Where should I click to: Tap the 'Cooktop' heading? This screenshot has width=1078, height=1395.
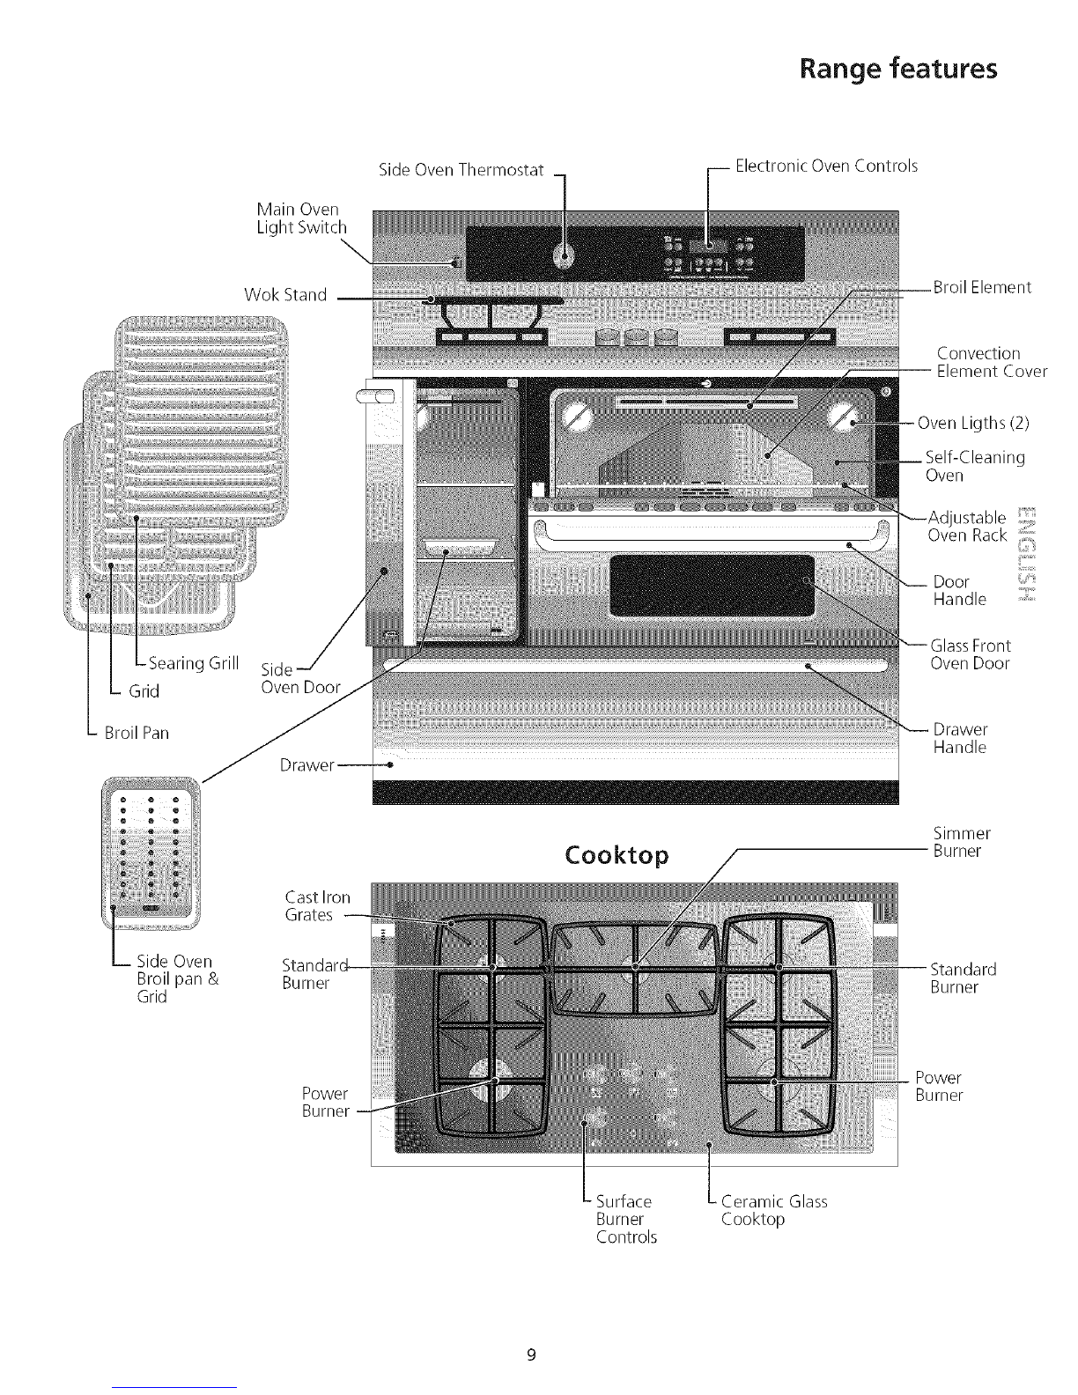tap(617, 856)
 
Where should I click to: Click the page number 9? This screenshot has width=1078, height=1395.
tap(532, 1355)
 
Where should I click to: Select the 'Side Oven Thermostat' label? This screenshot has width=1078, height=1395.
tap(461, 169)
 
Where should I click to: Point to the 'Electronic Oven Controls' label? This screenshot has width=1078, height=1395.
tap(826, 166)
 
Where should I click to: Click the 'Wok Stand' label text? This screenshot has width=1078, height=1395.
tap(285, 295)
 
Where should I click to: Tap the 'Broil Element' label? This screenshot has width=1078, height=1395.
tap(982, 287)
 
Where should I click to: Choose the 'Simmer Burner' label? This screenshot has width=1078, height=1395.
tap(961, 842)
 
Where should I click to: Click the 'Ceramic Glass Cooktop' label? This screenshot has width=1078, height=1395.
tap(773, 1210)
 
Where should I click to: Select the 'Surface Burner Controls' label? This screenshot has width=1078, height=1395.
tap(626, 1219)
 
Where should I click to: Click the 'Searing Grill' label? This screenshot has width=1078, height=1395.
tap(193, 663)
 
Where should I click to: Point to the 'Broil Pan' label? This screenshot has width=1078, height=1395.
tap(137, 733)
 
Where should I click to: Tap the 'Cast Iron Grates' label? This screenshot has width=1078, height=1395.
tap(317, 906)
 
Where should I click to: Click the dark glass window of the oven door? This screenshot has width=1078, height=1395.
tap(712, 586)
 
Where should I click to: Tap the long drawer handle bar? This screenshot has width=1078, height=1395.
tap(636, 665)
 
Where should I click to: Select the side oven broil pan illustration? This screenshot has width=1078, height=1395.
tap(151, 852)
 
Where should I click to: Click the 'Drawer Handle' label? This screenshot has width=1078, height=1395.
tap(960, 738)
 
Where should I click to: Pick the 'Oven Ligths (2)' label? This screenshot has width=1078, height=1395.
tap(972, 423)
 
